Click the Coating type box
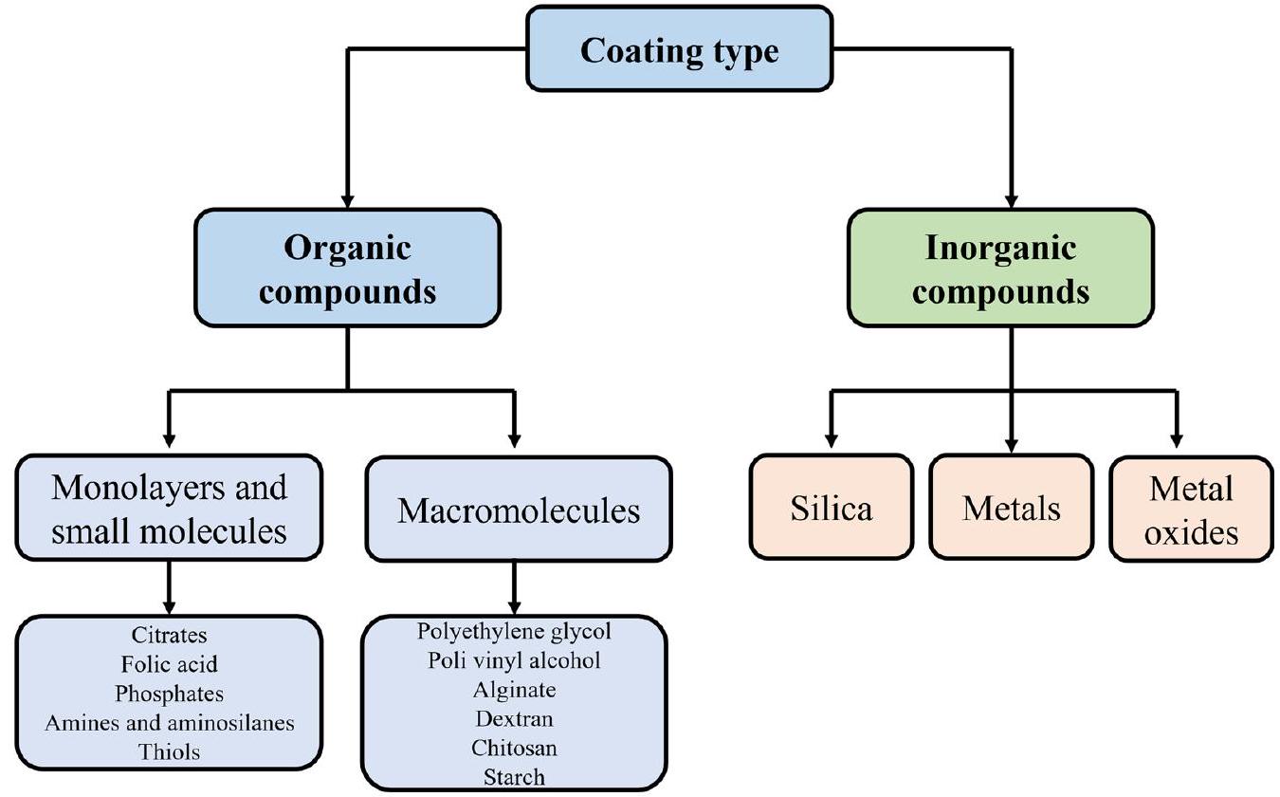(x=679, y=49)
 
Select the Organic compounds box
(x=347, y=269)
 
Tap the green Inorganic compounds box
(x=1000, y=269)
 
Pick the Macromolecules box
(x=519, y=510)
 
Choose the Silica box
(x=831, y=509)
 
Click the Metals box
(x=1011, y=509)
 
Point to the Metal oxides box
(x=1191, y=509)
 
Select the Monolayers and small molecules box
(x=169, y=509)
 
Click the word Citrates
(x=169, y=634)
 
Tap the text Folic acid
(x=169, y=663)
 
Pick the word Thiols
(x=169, y=751)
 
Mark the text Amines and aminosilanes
(x=169, y=722)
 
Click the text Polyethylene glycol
(x=514, y=630)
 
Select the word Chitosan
(x=514, y=748)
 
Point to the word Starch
(x=514, y=777)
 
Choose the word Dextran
(x=514, y=718)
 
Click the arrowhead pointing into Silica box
(x=831, y=441)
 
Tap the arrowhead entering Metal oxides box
(x=1177, y=441)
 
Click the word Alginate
(x=514, y=689)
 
